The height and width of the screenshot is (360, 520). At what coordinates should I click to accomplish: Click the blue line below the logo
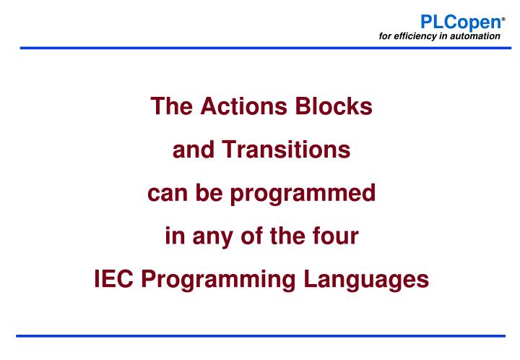[x=260, y=48]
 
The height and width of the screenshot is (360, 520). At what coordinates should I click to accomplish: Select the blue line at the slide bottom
[x=260, y=335]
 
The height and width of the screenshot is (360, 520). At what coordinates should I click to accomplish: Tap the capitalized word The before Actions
[x=168, y=108]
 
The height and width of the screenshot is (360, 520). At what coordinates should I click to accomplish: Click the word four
[x=338, y=234]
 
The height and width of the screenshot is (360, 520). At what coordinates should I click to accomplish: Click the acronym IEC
[x=113, y=277]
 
